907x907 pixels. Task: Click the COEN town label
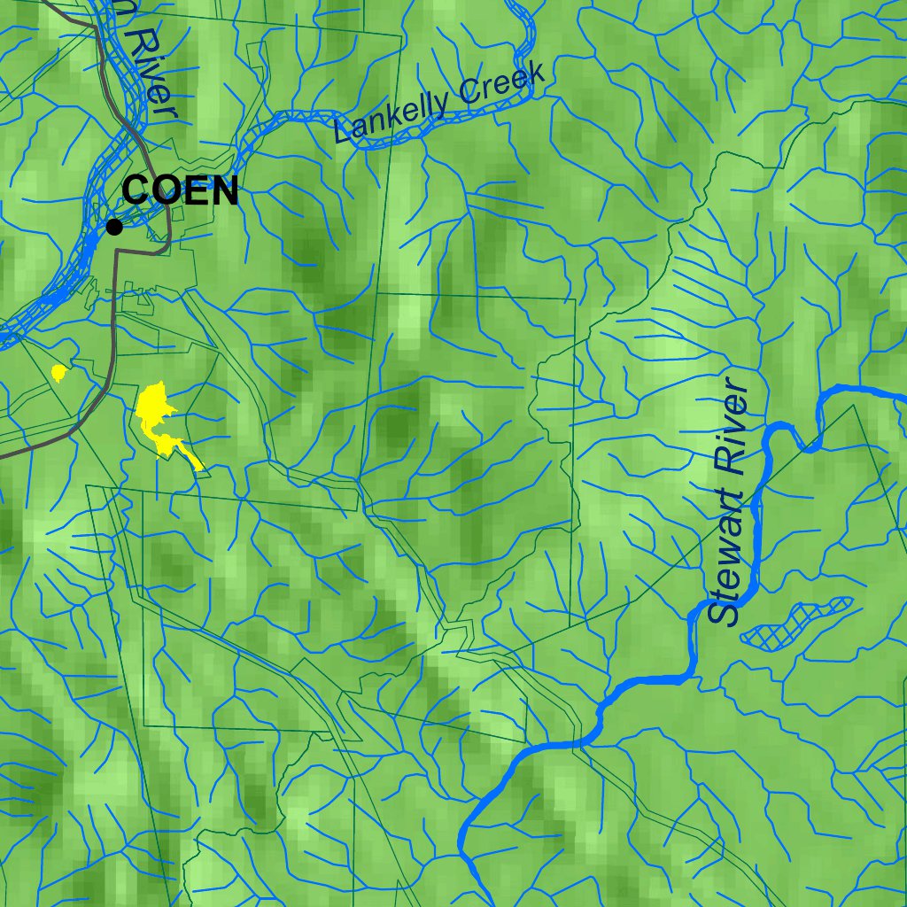[x=181, y=191]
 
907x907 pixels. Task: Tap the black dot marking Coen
[x=114, y=228]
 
